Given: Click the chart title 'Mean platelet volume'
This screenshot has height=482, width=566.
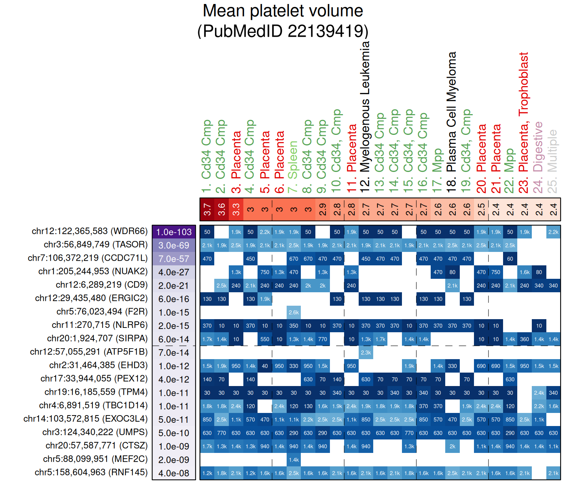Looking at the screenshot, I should pyautogui.click(x=283, y=11).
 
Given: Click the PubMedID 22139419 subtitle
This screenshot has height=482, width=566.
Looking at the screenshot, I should pyautogui.click(x=283, y=31).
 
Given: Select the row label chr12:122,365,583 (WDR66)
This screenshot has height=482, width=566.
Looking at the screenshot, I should pyautogui.click(x=89, y=231).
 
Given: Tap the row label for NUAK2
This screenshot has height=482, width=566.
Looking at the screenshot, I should pyautogui.click(x=93, y=272).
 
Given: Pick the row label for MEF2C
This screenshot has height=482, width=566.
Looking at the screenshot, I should pyautogui.click(x=95, y=459).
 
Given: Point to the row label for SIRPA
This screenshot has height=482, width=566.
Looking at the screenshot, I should pyautogui.click(x=97, y=338).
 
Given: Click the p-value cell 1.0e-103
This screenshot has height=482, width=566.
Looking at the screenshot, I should pyautogui.click(x=174, y=232).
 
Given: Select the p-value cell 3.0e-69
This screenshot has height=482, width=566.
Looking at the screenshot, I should pyautogui.click(x=174, y=245).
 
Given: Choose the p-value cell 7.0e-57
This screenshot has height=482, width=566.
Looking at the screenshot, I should pyautogui.click(x=174, y=259).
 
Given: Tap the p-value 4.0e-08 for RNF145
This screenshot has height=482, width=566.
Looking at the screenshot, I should pyautogui.click(x=174, y=473).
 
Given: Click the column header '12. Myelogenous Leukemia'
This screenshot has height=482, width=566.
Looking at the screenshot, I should pyautogui.click(x=365, y=116).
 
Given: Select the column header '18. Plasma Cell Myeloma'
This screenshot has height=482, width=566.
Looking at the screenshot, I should pyautogui.click(x=452, y=122).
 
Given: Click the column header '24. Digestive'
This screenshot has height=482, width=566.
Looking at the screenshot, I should pyautogui.click(x=538, y=157).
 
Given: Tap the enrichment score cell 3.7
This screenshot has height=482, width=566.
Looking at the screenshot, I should pyautogui.click(x=207, y=209).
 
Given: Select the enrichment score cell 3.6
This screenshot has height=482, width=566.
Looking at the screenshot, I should pyautogui.click(x=222, y=209).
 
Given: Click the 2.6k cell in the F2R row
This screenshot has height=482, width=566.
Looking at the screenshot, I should pyautogui.click(x=294, y=312).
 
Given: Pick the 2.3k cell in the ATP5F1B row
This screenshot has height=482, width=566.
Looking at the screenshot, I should pyautogui.click(x=366, y=353).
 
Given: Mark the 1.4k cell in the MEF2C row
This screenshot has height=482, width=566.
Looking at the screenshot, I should pyautogui.click(x=294, y=460).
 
